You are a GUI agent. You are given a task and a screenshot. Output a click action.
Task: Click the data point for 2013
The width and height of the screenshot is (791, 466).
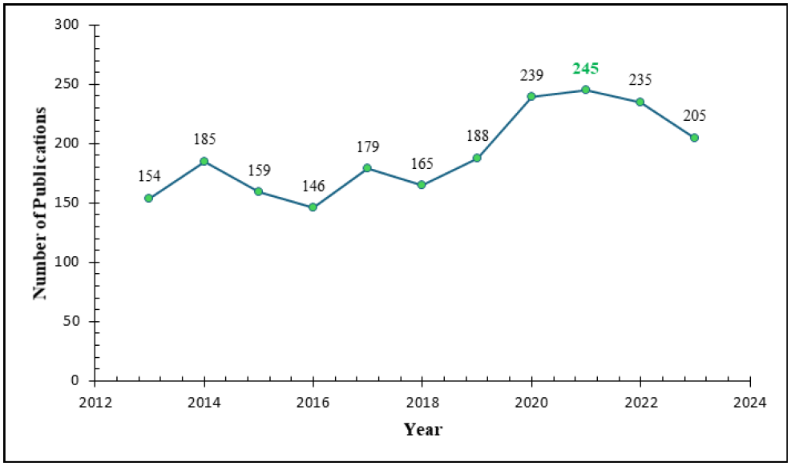point(148,198)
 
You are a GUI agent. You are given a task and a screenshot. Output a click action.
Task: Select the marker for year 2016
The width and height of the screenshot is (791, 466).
point(313,207)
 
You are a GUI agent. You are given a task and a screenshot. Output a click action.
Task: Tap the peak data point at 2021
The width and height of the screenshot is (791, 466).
point(586,90)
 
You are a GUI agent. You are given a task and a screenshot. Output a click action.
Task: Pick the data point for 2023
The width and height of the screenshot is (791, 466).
point(695,138)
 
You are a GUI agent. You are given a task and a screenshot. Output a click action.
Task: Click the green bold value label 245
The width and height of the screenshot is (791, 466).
point(586,69)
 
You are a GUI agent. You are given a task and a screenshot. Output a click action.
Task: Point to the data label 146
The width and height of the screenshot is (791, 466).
point(313,187)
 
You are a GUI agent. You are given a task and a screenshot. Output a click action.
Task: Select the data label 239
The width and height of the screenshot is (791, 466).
point(531,75)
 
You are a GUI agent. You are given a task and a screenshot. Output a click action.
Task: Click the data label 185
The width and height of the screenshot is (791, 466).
point(204,139)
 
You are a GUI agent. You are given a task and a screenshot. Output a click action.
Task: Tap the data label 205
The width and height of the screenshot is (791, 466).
point(695,116)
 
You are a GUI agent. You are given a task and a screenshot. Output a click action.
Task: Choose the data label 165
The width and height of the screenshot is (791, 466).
point(422,163)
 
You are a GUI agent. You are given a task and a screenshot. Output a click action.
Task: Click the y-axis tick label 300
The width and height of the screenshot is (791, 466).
point(67,25)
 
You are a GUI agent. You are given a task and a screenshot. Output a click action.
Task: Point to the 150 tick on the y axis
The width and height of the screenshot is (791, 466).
point(67,203)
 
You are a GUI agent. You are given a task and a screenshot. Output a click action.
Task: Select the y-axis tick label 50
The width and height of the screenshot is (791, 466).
point(71,321)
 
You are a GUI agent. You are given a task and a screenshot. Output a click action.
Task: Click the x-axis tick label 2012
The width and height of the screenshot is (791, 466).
point(95,403)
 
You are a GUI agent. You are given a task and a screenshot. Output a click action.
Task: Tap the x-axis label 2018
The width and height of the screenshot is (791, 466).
point(422,403)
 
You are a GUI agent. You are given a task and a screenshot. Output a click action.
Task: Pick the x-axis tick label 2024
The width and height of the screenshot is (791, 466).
point(750,403)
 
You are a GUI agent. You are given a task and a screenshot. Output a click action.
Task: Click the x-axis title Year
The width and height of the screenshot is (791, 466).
point(422,429)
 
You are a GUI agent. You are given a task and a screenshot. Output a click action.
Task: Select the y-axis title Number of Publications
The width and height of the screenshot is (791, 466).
point(40,203)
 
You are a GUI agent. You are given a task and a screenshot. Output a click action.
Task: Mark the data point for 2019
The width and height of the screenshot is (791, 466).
point(477,158)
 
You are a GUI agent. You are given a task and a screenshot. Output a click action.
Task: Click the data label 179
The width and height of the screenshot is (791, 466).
point(368,147)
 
